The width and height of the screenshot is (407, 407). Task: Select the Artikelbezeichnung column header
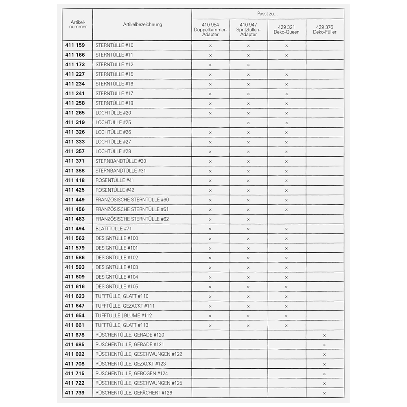tap(142, 24)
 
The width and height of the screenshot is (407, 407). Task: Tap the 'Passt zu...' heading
tap(267, 14)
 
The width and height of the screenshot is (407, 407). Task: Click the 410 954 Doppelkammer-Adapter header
tap(210, 30)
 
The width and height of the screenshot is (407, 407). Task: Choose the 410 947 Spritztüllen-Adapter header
tap(249, 30)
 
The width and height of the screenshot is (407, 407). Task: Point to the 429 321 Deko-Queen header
tap(287, 30)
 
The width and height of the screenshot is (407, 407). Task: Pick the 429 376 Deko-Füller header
tap(325, 30)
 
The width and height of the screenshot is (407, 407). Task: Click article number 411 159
tap(75, 45)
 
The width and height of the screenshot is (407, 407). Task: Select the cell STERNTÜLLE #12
tap(114, 65)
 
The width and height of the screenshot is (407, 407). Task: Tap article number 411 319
tap(75, 123)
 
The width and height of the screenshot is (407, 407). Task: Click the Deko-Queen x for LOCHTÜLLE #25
tap(287, 123)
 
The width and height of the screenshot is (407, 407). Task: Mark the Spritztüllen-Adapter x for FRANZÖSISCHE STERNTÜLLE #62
tap(248, 220)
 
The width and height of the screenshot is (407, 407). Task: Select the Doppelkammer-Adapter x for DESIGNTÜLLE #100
tap(210, 239)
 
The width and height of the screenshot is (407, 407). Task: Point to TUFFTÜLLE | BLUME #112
tap(124, 315)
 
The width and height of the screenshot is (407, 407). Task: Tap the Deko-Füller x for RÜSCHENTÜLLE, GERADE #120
tap(324, 335)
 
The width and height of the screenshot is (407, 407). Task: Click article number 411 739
tap(75, 393)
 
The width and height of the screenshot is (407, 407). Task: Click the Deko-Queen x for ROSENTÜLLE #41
tap(287, 181)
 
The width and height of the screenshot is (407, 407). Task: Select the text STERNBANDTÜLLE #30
tap(120, 161)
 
